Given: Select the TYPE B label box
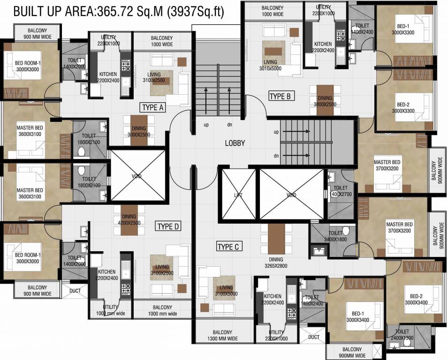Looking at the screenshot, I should [281, 97].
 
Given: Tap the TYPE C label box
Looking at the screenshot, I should [229, 247].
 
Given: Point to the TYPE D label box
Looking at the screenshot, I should [168, 226].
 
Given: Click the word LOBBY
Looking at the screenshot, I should [235, 143].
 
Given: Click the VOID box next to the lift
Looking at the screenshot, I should [291, 195].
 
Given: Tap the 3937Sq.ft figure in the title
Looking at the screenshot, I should [195, 12].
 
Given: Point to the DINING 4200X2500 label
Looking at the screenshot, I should [129, 219].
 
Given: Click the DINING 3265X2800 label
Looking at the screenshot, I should [276, 263].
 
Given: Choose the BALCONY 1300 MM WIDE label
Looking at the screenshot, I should [222, 335].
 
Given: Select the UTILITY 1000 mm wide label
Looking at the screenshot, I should [111, 310].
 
